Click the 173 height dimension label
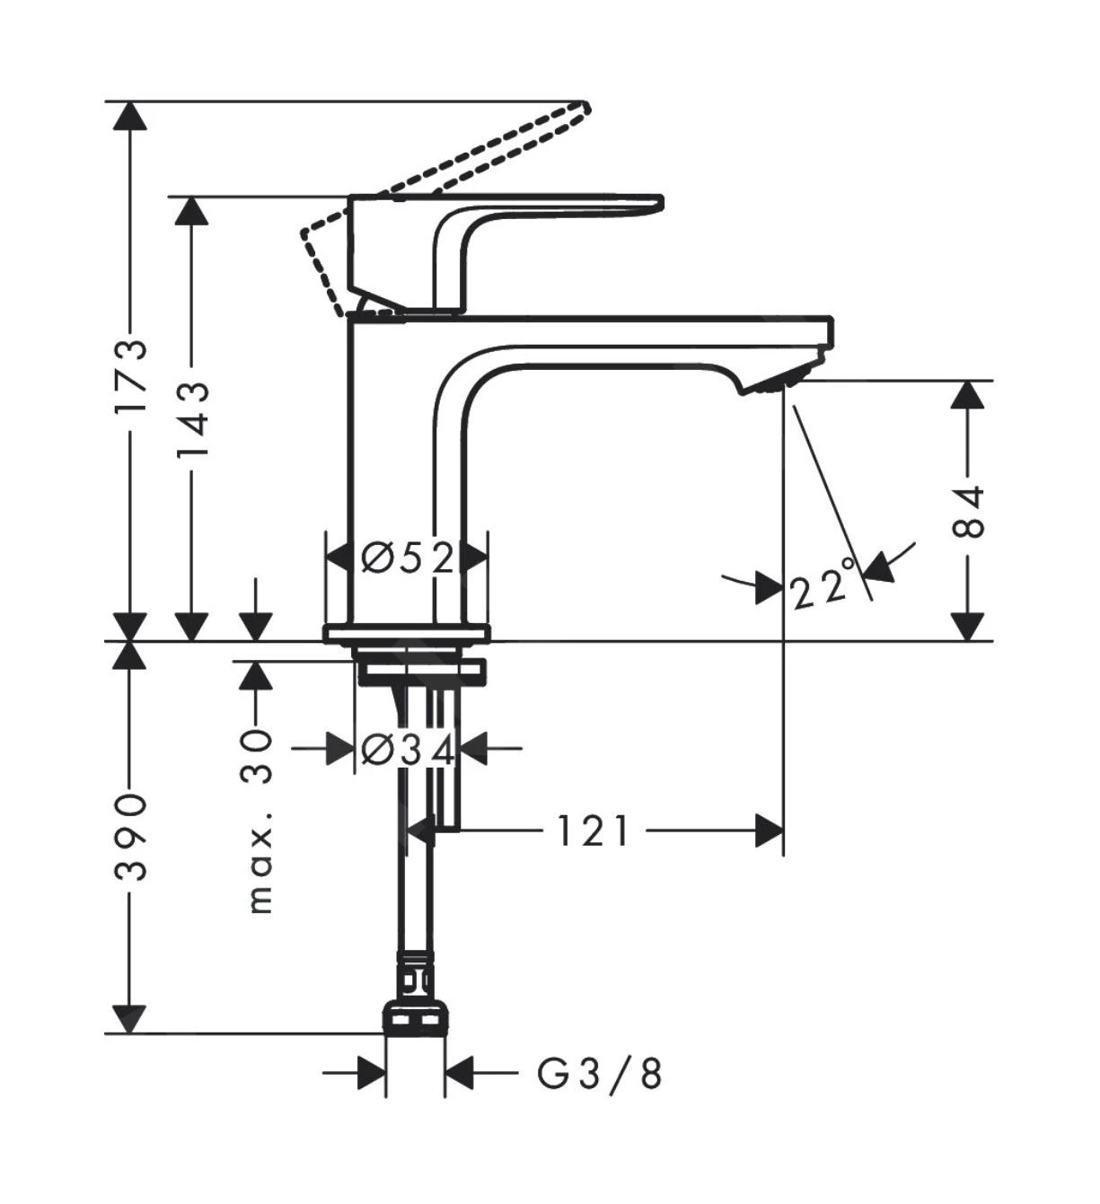tap(131, 374)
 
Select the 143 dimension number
tap(191, 418)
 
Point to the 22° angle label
tap(821, 587)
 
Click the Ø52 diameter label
tap(408, 558)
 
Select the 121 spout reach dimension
tap(593, 831)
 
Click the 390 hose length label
tap(131, 836)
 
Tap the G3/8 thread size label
tap(600, 1072)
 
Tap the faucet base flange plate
tap(407, 634)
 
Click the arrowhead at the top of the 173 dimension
tap(131, 116)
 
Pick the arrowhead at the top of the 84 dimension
tap(967, 395)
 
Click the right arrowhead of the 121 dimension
tap(770, 831)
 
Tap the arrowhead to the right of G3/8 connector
tap(459, 1072)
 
